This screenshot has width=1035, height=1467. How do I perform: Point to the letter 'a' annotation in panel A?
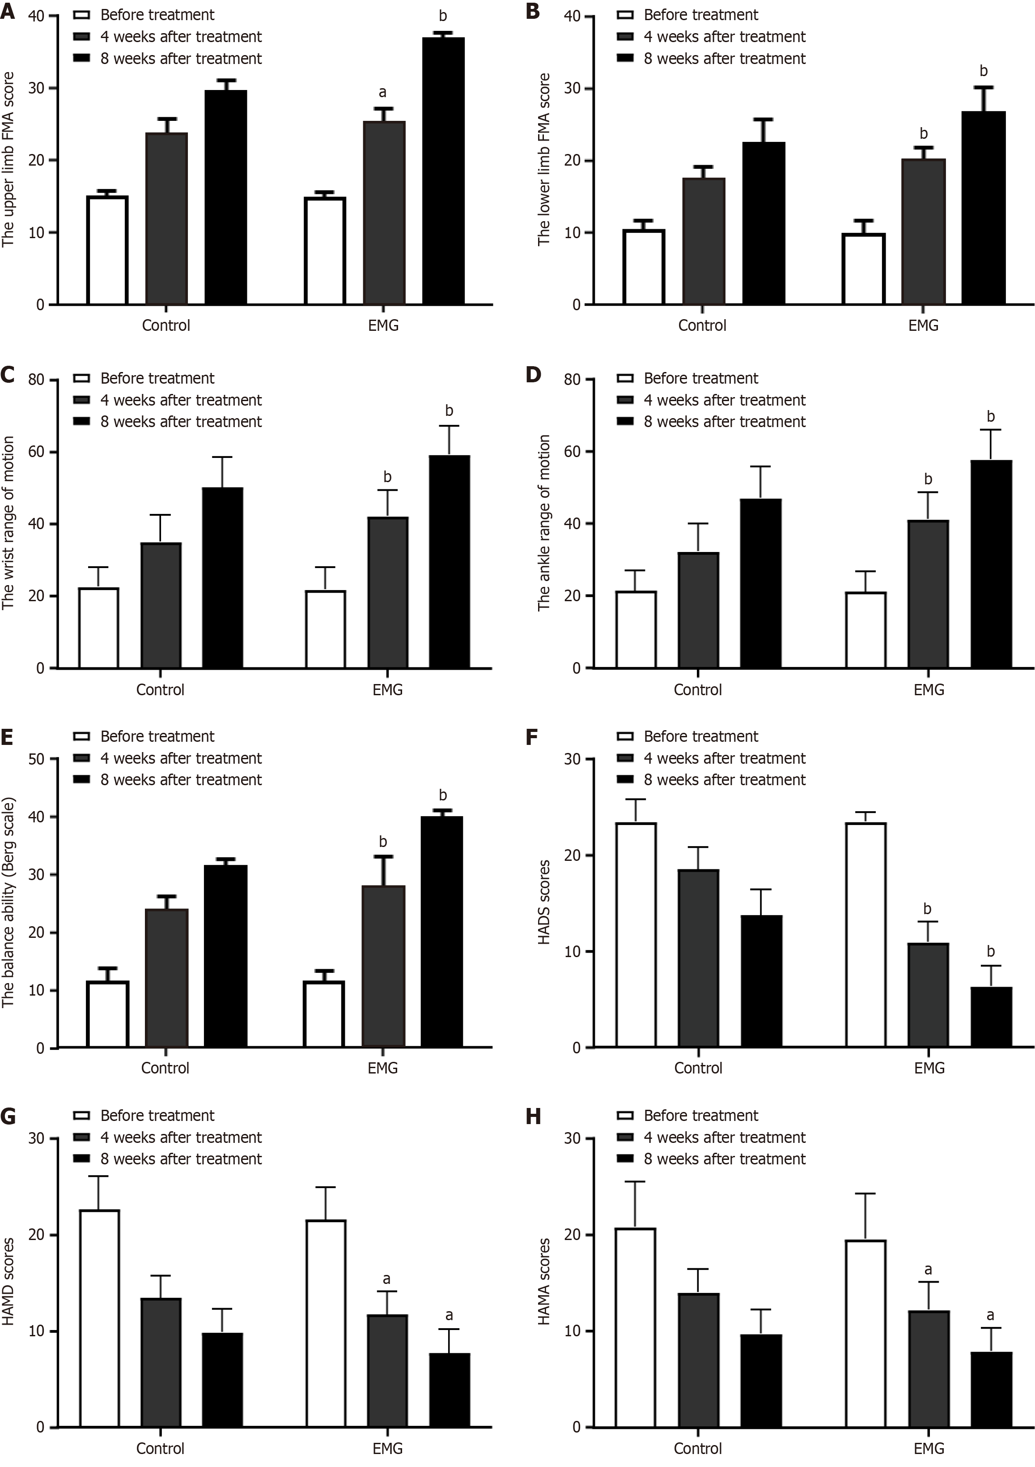coord(382,93)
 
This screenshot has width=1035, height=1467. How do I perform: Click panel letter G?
coord(8,1116)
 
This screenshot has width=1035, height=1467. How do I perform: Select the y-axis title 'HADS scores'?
coord(544,902)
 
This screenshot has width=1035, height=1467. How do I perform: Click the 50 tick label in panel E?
coord(36,759)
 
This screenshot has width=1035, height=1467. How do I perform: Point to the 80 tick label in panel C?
coord(36,380)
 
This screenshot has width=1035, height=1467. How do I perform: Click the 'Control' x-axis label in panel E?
coord(165,1068)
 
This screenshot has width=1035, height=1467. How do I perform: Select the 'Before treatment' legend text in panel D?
coord(700,378)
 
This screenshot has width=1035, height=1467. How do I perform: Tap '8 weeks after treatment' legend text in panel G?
coord(181,1159)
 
